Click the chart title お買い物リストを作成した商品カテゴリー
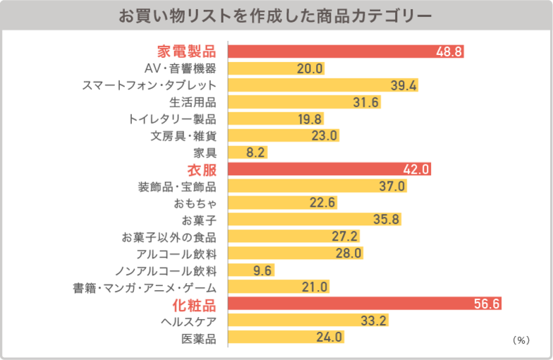pyautogui.click(x=276, y=15)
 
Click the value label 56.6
pyautogui.click(x=486, y=304)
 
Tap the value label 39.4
pyautogui.click(x=404, y=85)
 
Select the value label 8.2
pyautogui.click(x=255, y=152)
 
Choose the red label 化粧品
pyautogui.click(x=194, y=305)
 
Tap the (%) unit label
pyautogui.click(x=521, y=340)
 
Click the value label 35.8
pyautogui.click(x=387, y=220)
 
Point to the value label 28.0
pyautogui.click(x=348, y=253)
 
